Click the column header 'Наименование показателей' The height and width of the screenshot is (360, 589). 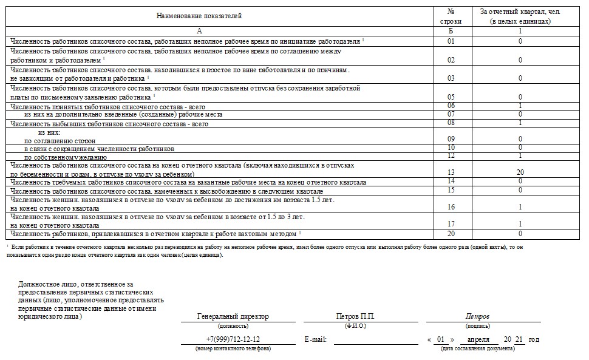click(x=199, y=16)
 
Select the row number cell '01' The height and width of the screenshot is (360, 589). click(x=451, y=41)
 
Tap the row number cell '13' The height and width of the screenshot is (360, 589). click(x=451, y=173)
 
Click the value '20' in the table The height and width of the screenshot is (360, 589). click(x=520, y=173)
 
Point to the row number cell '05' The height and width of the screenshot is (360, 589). click(x=451, y=97)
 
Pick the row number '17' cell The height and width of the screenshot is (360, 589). click(x=451, y=225)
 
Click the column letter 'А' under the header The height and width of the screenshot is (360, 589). click(x=199, y=30)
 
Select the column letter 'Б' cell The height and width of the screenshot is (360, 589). click(x=451, y=30)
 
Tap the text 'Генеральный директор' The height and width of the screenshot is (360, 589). click(x=233, y=316)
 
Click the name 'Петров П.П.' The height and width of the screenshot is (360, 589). click(x=355, y=316)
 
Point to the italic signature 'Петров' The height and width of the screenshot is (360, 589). click(x=477, y=316)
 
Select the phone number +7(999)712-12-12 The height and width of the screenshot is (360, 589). click(x=233, y=339)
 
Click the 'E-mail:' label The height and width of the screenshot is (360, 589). click(x=315, y=339)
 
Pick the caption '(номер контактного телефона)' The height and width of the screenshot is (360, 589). click(x=233, y=348)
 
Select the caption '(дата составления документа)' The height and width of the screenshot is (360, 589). click(x=477, y=348)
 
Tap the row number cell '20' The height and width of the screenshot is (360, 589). click(x=451, y=234)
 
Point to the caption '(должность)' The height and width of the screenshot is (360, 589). click(x=233, y=325)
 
